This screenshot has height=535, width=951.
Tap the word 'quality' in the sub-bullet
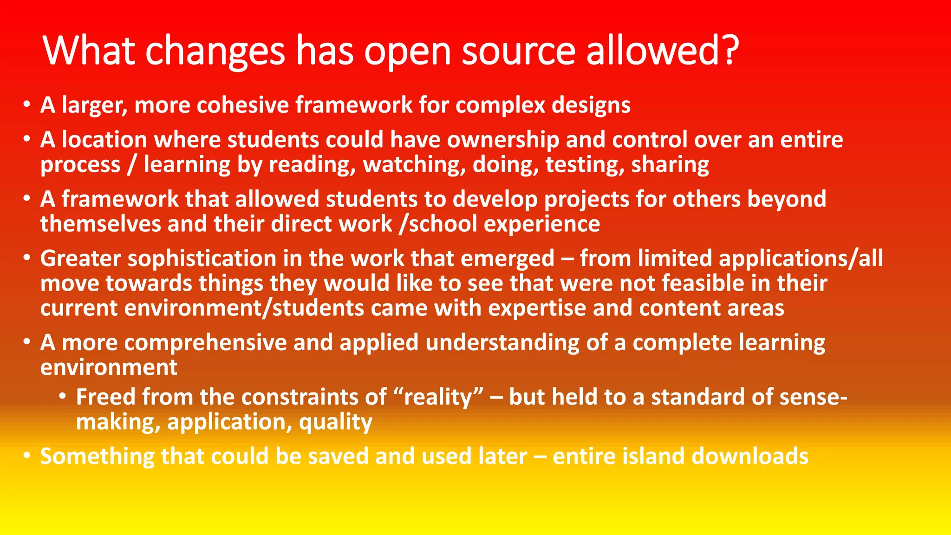pos(336,422)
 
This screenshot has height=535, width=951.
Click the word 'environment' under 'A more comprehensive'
pos(109,368)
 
